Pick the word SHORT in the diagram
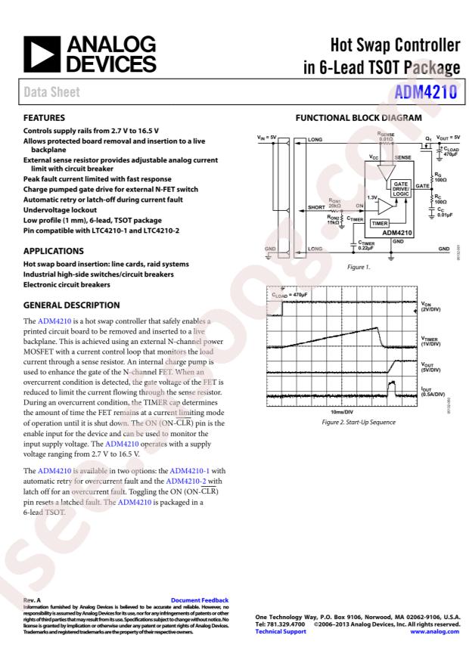pos(318,205)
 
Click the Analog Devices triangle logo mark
pos(41,53)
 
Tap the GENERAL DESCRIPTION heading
pos(72,305)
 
